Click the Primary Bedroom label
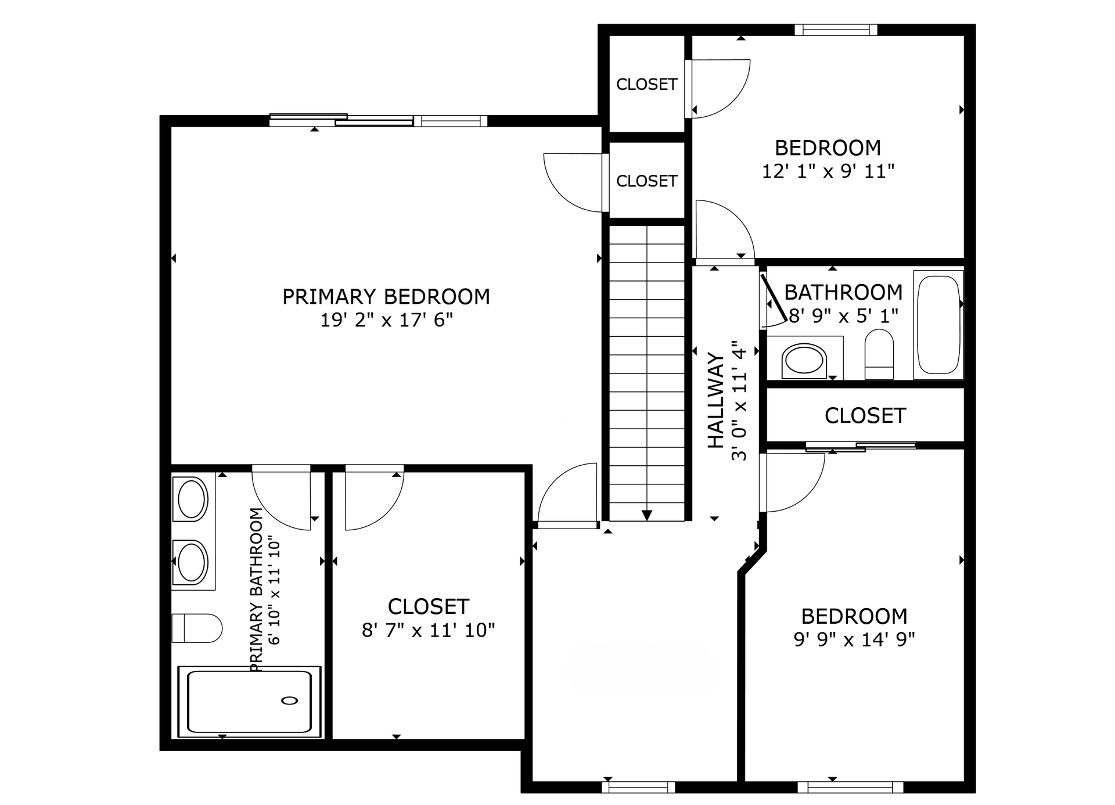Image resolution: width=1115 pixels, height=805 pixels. click(386, 297)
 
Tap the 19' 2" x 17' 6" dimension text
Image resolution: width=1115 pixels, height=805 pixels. click(386, 320)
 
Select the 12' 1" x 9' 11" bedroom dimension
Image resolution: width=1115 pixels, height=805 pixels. click(828, 171)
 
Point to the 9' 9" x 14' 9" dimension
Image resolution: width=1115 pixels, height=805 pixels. click(854, 639)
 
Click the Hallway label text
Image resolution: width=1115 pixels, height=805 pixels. click(716, 400)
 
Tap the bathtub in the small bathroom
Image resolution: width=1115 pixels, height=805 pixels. click(938, 325)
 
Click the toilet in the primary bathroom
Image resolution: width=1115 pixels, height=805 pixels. click(197, 628)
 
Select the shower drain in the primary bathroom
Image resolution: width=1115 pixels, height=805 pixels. click(290, 700)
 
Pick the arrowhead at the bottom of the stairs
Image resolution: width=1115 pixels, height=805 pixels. click(647, 515)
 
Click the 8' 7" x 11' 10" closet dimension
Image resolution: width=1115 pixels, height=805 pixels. click(429, 630)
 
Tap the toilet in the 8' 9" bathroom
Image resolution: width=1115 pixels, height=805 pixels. click(879, 354)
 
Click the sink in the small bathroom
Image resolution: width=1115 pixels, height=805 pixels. click(804, 361)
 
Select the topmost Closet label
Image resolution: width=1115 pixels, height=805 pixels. click(647, 85)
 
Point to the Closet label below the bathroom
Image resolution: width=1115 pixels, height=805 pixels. click(865, 416)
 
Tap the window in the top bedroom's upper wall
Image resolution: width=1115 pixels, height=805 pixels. click(836, 30)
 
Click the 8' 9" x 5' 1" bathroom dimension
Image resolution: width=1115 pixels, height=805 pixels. click(844, 316)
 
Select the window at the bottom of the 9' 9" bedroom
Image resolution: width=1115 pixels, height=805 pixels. click(850, 787)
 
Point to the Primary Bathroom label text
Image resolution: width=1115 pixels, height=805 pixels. click(257, 590)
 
